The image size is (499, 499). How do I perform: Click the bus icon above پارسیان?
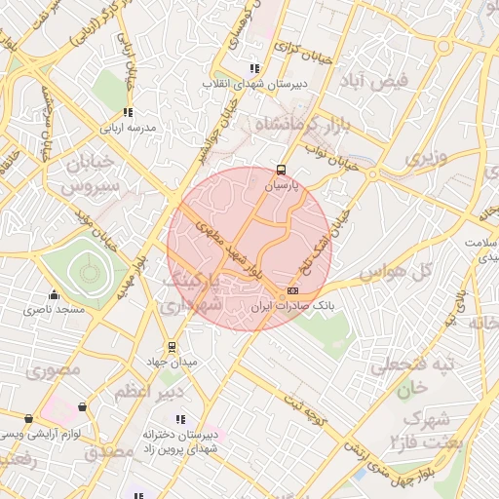(x=282, y=168)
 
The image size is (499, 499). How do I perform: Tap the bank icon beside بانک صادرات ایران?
(x=293, y=291)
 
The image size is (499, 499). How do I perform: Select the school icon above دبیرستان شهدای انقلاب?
(x=254, y=68)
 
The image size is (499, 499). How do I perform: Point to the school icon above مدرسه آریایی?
(x=129, y=112)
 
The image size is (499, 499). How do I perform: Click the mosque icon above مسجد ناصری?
(x=54, y=294)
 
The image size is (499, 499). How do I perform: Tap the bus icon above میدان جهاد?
(x=172, y=346)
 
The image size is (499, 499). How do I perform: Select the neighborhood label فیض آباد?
(x=366, y=80)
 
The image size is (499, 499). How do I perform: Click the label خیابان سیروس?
(x=88, y=172)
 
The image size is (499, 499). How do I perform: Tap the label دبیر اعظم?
(x=146, y=392)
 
